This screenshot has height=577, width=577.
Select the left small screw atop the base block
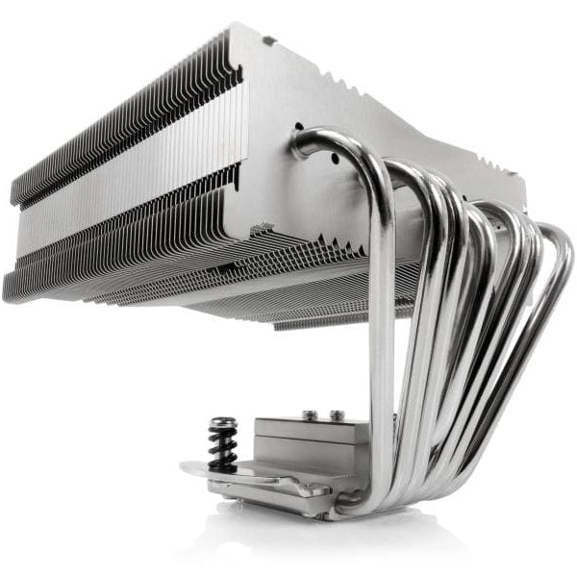[x=310, y=416]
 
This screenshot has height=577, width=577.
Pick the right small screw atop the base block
[x=336, y=415]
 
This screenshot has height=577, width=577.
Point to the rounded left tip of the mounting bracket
[x=188, y=469]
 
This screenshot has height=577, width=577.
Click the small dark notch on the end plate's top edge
[x=270, y=40]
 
